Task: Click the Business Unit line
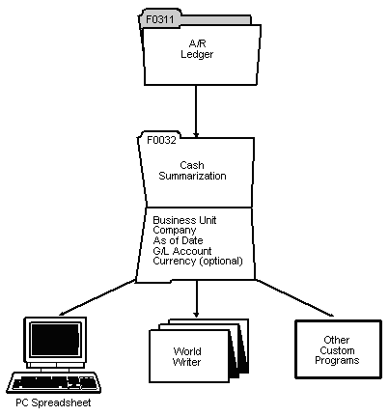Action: point(183,221)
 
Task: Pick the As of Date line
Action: point(178,241)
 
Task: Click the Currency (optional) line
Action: point(197,263)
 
